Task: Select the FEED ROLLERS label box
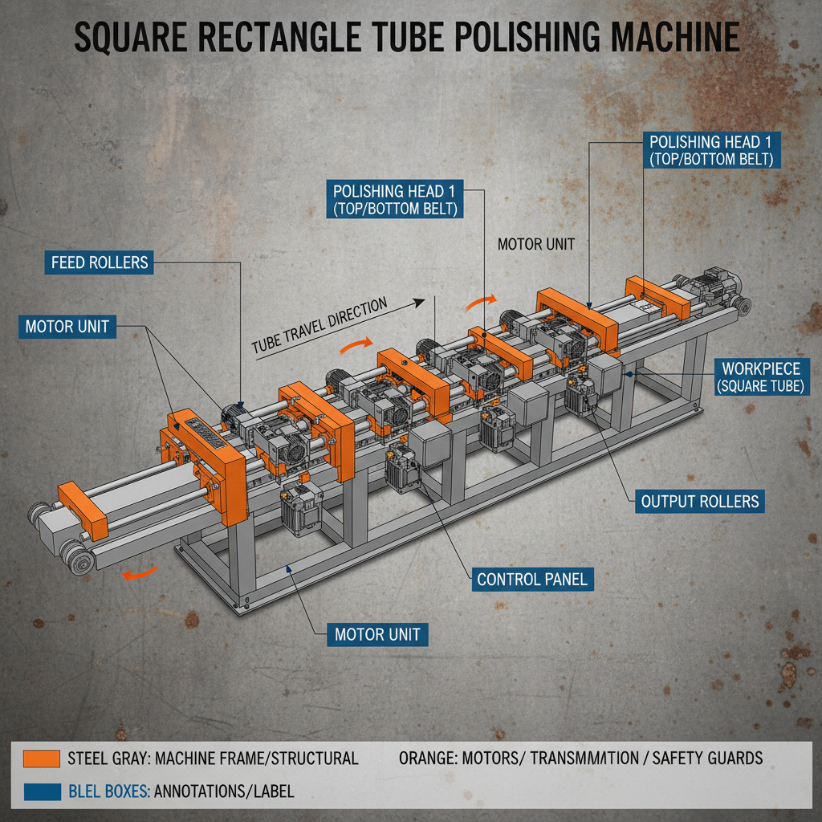point(100,262)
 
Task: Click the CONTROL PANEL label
point(531,579)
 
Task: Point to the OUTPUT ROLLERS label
point(700,502)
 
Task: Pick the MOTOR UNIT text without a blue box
point(536,244)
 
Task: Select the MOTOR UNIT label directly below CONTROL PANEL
point(377,634)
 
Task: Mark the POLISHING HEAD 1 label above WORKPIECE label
point(711,149)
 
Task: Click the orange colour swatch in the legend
point(42,758)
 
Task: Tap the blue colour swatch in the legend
point(42,791)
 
